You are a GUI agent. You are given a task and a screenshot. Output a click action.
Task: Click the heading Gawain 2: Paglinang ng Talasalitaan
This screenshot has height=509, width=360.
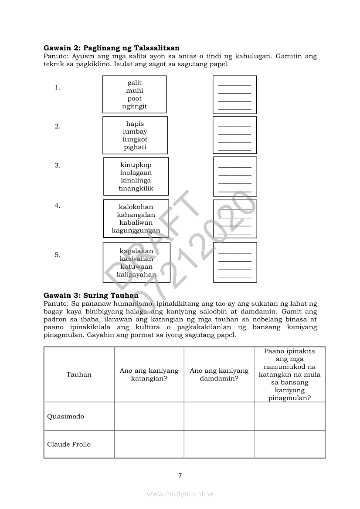point(112,48)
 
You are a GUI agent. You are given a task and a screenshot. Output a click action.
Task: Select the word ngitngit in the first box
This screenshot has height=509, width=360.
point(135,106)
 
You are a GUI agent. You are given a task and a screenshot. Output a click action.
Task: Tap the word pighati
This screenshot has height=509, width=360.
point(135,147)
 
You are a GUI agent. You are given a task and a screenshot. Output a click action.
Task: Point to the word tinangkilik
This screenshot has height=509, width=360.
point(136,189)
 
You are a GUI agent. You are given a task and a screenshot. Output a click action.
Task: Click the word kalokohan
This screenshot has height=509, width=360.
point(136,207)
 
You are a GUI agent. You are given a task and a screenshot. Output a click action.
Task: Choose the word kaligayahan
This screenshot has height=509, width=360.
point(136,275)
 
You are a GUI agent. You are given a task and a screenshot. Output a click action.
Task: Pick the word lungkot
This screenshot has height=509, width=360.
point(135,139)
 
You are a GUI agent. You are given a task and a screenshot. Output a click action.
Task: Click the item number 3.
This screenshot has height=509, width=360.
point(57,165)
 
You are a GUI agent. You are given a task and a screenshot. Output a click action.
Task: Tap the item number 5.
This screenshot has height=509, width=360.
point(57,255)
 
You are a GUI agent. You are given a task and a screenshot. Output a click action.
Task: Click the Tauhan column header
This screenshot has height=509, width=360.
point(79,374)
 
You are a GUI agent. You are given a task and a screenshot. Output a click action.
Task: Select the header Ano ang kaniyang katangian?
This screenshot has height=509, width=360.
point(149,374)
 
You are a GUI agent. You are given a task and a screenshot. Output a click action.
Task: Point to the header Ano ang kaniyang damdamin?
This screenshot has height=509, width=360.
point(219,374)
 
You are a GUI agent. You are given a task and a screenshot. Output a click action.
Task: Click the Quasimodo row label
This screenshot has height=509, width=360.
point(65,416)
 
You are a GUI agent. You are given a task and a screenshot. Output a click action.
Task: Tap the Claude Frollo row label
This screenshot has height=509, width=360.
point(69,444)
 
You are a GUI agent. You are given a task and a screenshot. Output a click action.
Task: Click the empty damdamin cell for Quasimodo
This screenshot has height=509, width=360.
point(219,416)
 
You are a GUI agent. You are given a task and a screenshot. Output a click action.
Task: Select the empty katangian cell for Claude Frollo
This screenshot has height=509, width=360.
point(149,444)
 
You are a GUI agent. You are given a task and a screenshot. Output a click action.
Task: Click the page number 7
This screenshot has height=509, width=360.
point(180,475)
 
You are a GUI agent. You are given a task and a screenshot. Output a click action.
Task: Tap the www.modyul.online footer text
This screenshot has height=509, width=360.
point(180,494)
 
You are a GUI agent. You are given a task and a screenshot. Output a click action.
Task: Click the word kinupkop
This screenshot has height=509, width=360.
point(136,165)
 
